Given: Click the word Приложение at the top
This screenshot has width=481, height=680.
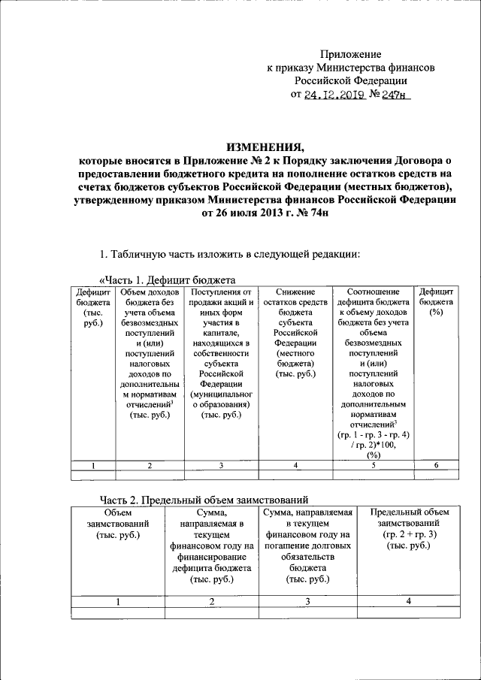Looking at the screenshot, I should [351, 54].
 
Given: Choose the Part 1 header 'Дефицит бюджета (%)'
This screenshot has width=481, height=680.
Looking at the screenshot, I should [435, 301].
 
